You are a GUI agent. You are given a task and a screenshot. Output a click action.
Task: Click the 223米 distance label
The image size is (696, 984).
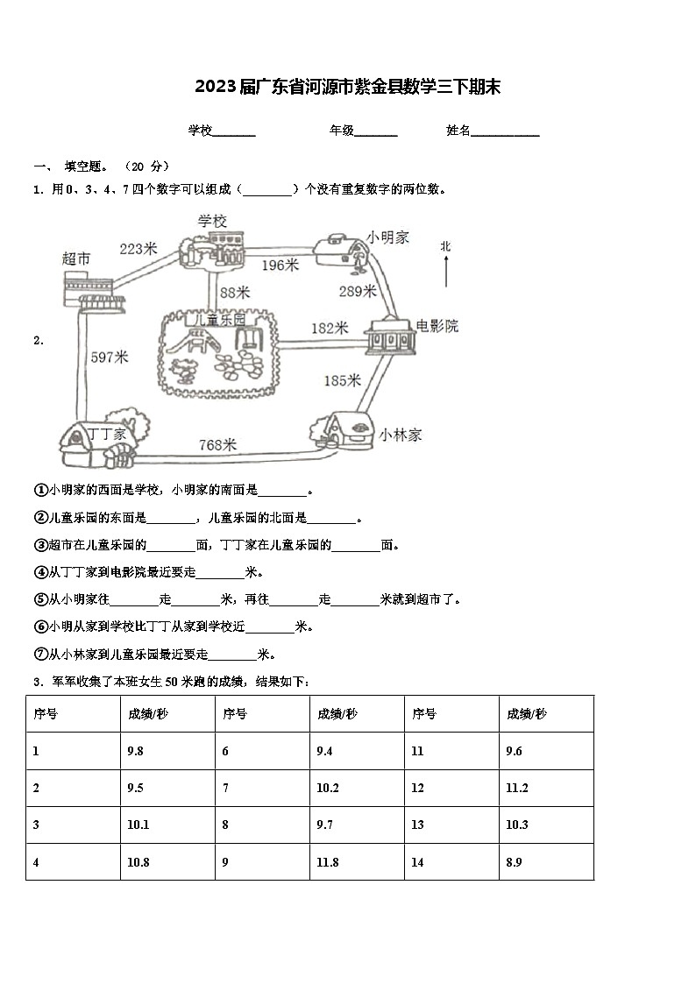pos(138,249)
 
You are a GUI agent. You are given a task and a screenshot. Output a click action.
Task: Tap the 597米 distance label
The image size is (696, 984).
pos(110,357)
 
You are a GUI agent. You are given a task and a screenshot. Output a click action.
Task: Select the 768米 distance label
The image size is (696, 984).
pos(218,445)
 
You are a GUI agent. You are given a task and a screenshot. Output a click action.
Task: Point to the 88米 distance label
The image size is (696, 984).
pos(235,292)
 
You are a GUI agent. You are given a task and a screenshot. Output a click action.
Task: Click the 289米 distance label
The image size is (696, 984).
pos(357,292)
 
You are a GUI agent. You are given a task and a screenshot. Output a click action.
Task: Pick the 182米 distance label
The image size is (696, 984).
pos(330,329)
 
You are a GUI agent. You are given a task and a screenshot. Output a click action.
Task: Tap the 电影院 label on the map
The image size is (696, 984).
pos(437,327)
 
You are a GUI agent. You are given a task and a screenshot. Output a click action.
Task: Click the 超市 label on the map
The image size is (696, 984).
pos(77,258)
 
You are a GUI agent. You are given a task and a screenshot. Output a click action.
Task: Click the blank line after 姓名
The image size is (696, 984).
pos(506,132)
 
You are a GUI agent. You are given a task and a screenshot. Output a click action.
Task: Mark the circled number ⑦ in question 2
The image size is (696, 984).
pos(39,655)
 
